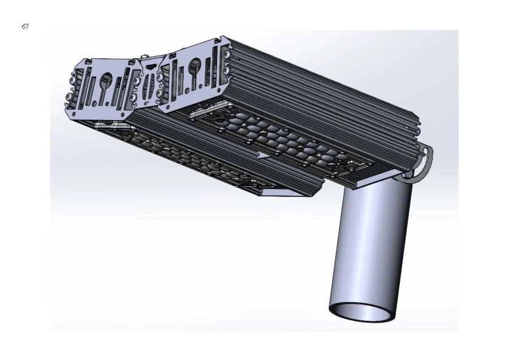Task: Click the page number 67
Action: (x=25, y=27)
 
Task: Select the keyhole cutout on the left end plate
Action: (x=106, y=83)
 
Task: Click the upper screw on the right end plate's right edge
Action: (x=226, y=55)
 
